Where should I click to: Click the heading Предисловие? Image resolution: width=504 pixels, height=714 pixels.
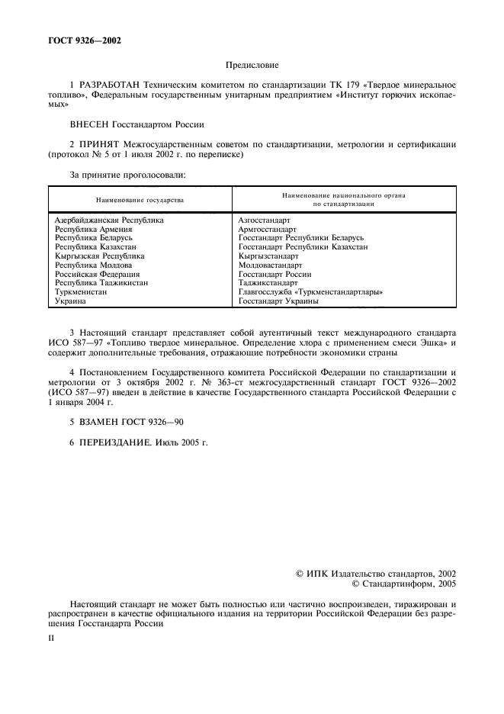[x=251, y=67]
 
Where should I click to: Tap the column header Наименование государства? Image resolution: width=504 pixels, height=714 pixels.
[x=140, y=200]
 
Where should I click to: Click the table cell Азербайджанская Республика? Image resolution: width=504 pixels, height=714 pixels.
[x=108, y=220]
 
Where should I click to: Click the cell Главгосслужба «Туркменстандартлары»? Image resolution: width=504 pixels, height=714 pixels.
[x=310, y=292]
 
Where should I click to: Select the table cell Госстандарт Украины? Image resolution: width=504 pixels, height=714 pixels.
[x=278, y=301]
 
